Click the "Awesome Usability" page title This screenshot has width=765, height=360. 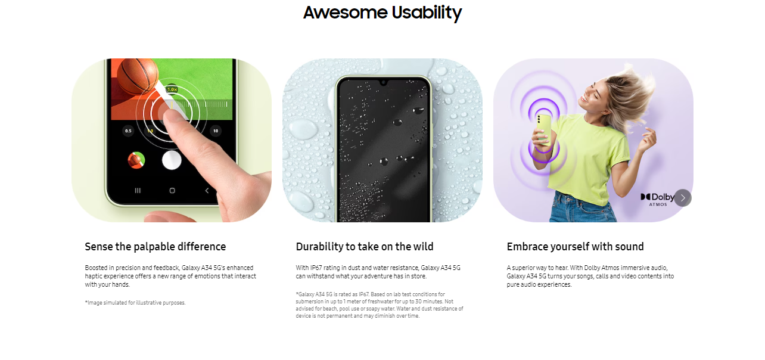[x=382, y=13]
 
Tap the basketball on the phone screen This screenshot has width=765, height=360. [x=138, y=76]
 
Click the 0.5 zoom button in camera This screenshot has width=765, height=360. [x=128, y=131]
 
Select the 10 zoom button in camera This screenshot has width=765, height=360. [x=216, y=131]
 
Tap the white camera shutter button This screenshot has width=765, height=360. [x=172, y=160]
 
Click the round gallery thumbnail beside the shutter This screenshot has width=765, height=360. [x=136, y=160]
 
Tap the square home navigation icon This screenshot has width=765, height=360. [x=172, y=191]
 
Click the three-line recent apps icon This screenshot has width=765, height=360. [x=138, y=191]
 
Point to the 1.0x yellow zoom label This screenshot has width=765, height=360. [x=172, y=89]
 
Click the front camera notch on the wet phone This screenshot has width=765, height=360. [x=383, y=82]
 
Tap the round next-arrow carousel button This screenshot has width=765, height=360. [x=683, y=198]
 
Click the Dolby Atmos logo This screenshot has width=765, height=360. [x=657, y=200]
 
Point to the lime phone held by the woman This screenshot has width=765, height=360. [x=543, y=131]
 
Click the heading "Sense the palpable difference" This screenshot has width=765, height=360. [x=156, y=247]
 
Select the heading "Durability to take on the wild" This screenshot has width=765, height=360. [x=365, y=247]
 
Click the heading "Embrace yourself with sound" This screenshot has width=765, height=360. [x=575, y=247]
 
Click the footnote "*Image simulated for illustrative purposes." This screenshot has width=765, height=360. [x=135, y=303]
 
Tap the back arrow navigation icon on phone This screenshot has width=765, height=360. [x=207, y=191]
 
